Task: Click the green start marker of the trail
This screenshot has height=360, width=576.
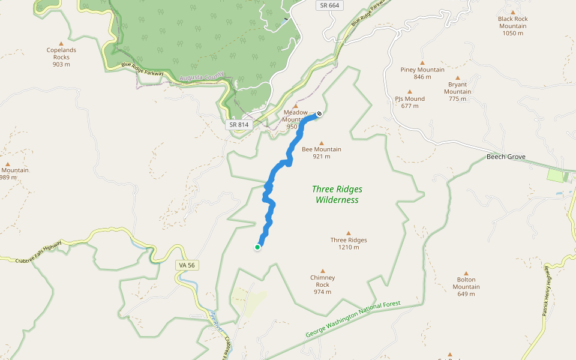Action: tap(257, 247)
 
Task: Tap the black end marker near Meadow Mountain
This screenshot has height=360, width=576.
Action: tap(319, 113)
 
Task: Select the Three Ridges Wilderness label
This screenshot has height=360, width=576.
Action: tap(337, 194)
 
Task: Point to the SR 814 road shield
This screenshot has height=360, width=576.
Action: tap(238, 125)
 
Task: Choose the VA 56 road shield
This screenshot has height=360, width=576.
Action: tap(187, 265)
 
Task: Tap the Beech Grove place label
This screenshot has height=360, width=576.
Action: tap(506, 157)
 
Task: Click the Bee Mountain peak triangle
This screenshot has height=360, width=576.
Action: tap(322, 143)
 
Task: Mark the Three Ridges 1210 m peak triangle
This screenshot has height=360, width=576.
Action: tap(349, 233)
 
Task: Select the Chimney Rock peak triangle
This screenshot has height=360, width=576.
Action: tap(323, 271)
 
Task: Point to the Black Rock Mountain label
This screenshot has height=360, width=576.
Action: tap(513, 26)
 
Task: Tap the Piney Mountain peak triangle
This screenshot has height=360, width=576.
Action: tap(422, 62)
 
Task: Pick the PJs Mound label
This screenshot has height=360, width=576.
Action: tap(410, 102)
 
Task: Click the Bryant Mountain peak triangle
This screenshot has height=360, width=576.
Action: tap(457, 77)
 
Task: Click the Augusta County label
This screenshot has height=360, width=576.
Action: tap(201, 77)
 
